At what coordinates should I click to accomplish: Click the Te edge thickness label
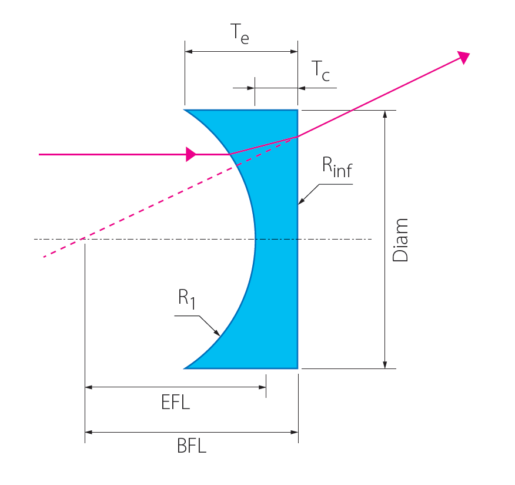tap(240, 34)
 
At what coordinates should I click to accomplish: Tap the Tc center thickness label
tap(320, 71)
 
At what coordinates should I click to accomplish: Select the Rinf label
tap(337, 167)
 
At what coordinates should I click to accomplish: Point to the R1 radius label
tap(186, 299)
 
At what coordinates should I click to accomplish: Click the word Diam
tap(400, 240)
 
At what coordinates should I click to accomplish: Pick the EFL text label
tap(175, 402)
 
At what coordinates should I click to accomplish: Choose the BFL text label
tap(192, 446)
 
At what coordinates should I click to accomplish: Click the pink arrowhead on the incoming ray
tap(191, 154)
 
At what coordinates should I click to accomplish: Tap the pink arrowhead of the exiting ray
tap(464, 58)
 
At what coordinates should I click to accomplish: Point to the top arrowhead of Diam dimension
tap(385, 114)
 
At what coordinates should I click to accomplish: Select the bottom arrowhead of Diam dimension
tap(385, 365)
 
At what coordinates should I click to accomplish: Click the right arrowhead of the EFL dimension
tap(262, 387)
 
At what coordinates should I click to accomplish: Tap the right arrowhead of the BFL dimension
tap(295, 433)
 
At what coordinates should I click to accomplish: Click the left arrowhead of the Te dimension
tap(189, 52)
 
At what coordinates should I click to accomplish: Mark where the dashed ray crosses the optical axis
tap(82, 239)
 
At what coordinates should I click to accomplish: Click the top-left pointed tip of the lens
tap(184, 110)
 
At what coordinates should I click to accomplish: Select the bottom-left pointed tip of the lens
tap(184, 368)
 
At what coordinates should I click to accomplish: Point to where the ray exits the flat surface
tap(297, 137)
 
